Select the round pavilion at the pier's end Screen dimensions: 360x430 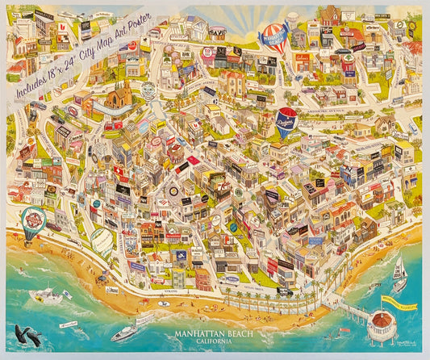[381, 326]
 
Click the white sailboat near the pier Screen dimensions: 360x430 [399, 274]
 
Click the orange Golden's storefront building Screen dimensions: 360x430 [302, 58]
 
